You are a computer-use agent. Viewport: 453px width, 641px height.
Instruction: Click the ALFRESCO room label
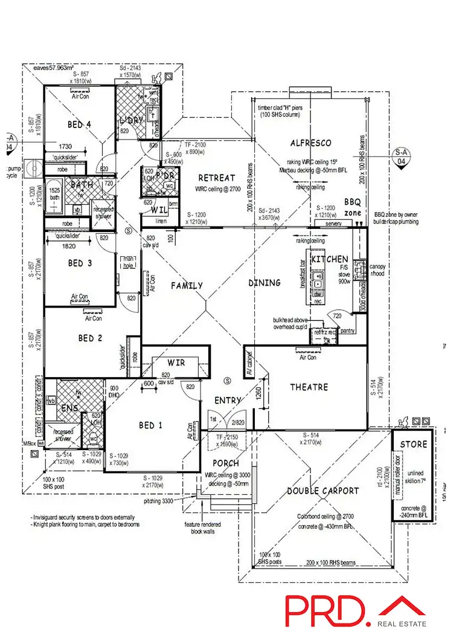coord(310,143)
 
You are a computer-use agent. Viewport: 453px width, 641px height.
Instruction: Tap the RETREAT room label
coord(216,178)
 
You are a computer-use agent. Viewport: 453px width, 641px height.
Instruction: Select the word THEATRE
coord(309,387)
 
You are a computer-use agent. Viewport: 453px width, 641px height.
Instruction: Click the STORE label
coord(413,445)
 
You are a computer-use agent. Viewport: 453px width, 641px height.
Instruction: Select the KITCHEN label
coord(329,259)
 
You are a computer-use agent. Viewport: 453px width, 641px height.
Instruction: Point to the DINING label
coord(264,283)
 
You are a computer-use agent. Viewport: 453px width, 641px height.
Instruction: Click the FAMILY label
coord(186,286)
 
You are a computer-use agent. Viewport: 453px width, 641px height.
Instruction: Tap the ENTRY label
coord(228,400)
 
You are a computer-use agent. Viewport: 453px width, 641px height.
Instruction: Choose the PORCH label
coord(225,463)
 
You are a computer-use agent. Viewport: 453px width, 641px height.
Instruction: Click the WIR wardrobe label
coord(176,364)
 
